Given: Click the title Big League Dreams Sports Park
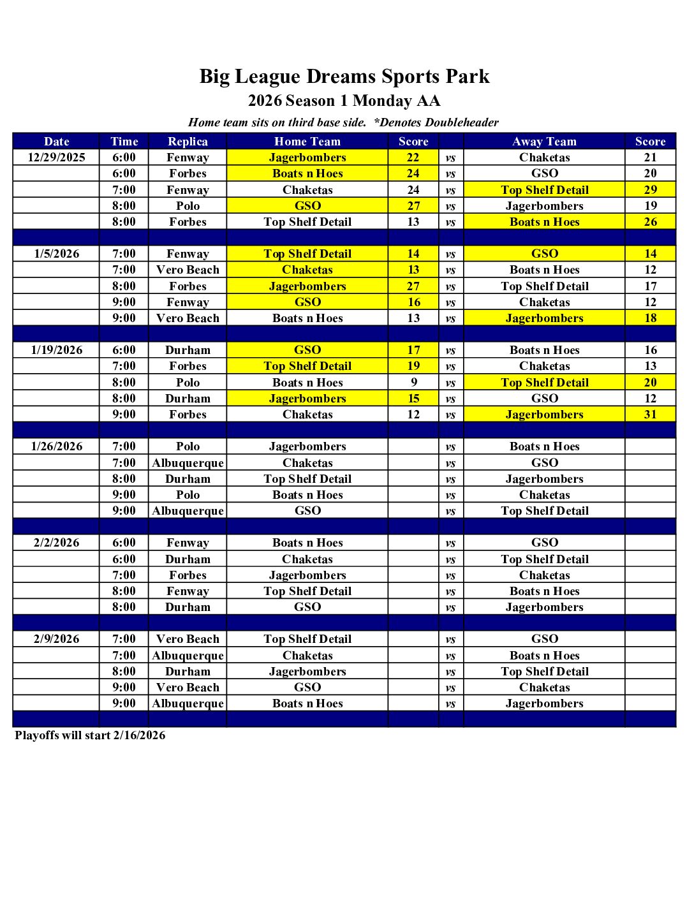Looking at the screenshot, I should click(344, 77).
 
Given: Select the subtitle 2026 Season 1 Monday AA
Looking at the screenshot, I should click(344, 101).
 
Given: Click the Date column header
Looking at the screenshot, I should click(56, 142).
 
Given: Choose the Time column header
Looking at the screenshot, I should click(124, 142).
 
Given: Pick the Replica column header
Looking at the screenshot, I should click(188, 142).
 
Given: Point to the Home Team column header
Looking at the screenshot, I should click(307, 142).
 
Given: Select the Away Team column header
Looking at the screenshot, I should click(544, 142).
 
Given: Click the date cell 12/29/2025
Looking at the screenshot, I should click(56, 158).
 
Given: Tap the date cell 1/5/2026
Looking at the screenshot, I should click(56, 254).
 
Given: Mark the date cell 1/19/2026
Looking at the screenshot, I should click(56, 350).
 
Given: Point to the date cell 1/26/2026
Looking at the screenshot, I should click(56, 446).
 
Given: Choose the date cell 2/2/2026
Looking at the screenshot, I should click(56, 543).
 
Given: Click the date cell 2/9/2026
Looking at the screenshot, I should click(56, 639).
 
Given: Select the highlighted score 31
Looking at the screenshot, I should click(650, 415).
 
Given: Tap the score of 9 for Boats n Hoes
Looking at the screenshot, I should click(414, 383).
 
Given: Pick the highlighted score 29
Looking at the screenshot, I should click(650, 190).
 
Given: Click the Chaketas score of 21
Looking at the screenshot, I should click(650, 158).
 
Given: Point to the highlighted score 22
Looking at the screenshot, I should click(413, 158).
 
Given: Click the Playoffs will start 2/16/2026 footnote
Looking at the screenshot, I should click(90, 735).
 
